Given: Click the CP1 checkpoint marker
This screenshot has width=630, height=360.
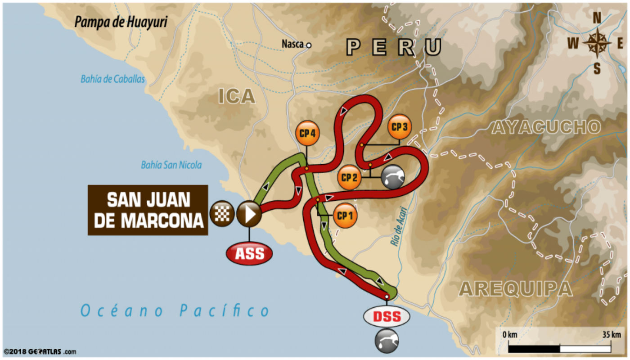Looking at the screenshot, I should pos(345,216).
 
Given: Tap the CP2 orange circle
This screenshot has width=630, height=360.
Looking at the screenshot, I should pos(349,178).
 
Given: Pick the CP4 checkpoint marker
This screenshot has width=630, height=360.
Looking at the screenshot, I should pos(307,134).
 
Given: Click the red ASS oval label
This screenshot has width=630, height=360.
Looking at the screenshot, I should pos(249,254).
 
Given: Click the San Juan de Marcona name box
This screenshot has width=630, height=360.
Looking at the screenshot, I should pos(148,210).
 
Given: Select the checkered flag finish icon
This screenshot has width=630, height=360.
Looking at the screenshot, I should pos(221,213).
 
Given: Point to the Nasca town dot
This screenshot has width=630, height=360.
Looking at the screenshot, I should pos(308,45).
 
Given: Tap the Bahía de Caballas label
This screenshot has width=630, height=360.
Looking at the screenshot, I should pos(113,79).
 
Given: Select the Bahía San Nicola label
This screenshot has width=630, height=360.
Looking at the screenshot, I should pos(171,165).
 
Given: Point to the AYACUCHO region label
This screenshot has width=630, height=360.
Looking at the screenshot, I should pos(546,127).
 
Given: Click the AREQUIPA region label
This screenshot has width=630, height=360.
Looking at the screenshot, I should pos(515,288).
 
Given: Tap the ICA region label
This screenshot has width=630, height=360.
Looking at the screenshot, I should pos(237,96).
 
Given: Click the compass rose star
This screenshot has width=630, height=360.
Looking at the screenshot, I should pos(597,43).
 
